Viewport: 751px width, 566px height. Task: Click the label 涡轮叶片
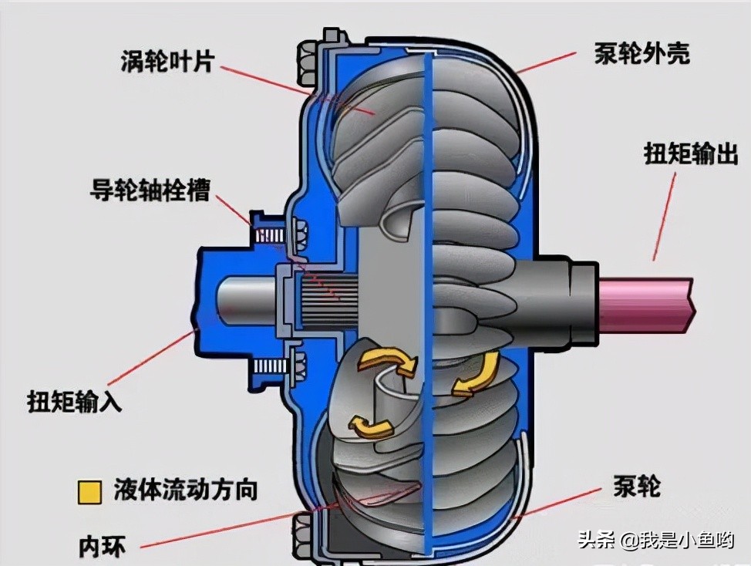point(166,60)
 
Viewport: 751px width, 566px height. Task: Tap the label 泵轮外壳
point(642,54)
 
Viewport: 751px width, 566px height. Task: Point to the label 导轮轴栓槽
point(149,190)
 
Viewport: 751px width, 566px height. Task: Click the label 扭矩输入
point(74,401)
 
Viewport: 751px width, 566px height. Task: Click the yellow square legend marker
point(89,490)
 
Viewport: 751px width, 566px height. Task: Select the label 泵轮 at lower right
point(636,486)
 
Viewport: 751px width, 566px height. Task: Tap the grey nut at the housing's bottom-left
point(304,534)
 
